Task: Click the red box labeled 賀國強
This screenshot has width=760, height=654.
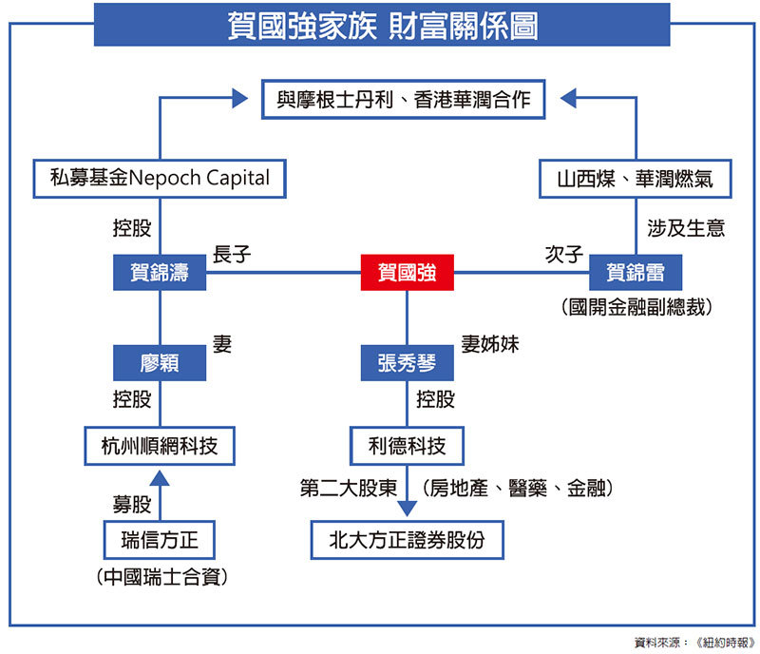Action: [407, 274]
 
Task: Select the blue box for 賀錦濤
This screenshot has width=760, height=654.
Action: [160, 274]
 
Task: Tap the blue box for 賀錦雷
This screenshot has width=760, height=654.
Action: [636, 274]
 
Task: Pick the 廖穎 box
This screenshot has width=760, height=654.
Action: [160, 362]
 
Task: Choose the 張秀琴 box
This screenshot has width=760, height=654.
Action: [407, 362]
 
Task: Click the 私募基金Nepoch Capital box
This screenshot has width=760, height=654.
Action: [160, 178]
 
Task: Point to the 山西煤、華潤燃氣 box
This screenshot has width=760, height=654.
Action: [635, 178]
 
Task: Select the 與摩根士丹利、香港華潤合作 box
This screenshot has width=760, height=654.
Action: [404, 99]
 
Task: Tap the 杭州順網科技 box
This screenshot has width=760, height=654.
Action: [160, 445]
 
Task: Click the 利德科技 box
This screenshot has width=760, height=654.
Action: [407, 445]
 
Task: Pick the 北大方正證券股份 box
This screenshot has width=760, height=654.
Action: [407, 541]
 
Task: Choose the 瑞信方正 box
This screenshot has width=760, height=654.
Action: [160, 541]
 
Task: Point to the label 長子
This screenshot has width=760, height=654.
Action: [232, 255]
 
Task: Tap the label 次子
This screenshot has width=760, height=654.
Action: [563, 255]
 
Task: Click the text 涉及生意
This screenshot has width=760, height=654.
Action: [686, 228]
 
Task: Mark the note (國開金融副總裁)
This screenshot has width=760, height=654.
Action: [636, 307]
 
